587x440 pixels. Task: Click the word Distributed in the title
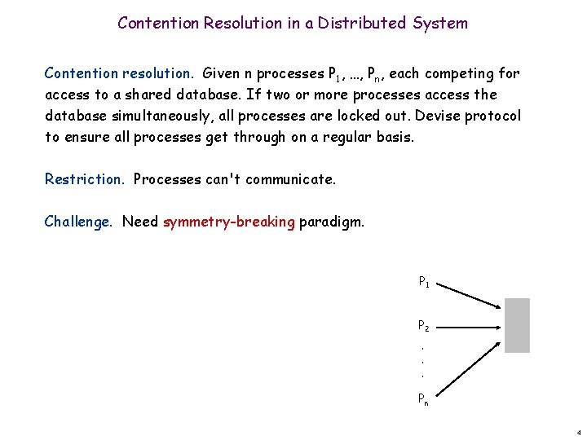(x=365, y=23)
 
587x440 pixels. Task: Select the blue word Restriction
(x=85, y=178)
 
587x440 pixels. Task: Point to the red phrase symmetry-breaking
(x=229, y=221)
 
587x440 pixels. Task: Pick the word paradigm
(x=332, y=221)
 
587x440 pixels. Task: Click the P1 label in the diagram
(x=424, y=283)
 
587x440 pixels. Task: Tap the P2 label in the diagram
(x=424, y=326)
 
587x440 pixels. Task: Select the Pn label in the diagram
(x=424, y=398)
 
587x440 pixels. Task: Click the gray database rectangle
(x=517, y=325)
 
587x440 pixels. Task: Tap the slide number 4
(x=577, y=432)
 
